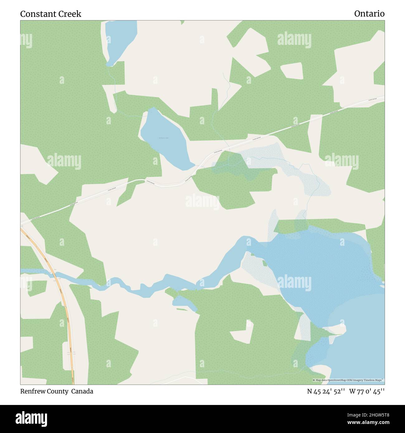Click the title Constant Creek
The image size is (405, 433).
(x=50, y=14)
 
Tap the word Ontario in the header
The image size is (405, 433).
(x=369, y=14)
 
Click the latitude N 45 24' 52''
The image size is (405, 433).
(x=326, y=391)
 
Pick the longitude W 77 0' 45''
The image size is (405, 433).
(x=367, y=391)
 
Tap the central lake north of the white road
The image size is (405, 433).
(x=164, y=137)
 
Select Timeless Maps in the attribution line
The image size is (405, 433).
(x=374, y=380)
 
